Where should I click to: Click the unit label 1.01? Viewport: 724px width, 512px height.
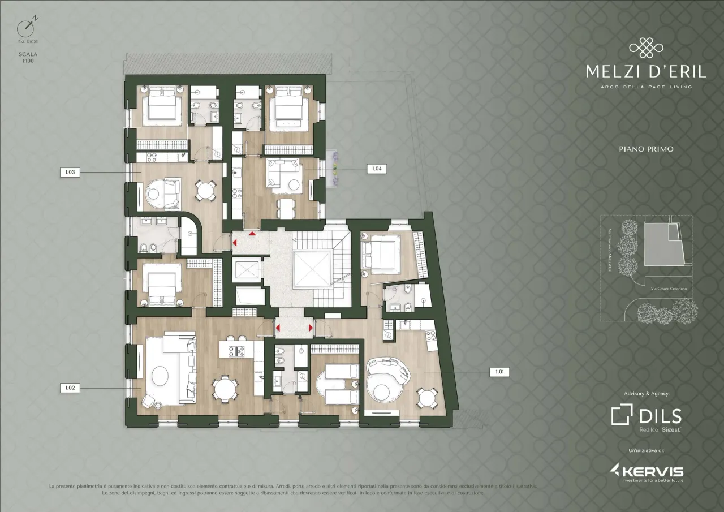(x=498, y=372)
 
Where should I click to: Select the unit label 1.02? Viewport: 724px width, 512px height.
(x=70, y=388)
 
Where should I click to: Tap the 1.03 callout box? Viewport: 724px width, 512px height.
(x=70, y=171)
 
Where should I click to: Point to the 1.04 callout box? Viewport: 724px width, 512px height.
(x=376, y=169)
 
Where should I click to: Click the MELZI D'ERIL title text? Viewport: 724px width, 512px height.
(x=645, y=72)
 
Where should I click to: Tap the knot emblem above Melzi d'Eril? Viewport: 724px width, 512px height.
(x=645, y=48)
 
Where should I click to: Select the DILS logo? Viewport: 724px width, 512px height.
(x=646, y=416)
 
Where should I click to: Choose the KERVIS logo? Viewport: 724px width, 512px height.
(x=646, y=471)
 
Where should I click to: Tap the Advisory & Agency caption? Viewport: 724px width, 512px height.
(x=646, y=393)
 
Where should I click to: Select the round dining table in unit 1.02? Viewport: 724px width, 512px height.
(x=225, y=389)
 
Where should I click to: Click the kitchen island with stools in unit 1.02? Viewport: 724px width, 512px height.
(x=238, y=348)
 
